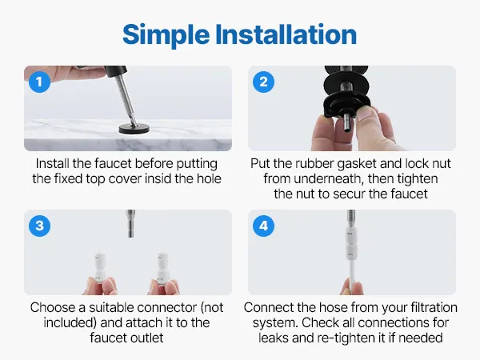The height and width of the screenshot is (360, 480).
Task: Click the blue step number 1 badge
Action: tap(39, 82)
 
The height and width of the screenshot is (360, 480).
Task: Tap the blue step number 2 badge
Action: tap(263, 82)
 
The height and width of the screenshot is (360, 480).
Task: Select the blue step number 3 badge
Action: tap(39, 226)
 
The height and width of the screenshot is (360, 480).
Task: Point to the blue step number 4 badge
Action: tap(263, 226)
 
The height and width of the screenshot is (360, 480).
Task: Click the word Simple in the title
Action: tap(166, 35)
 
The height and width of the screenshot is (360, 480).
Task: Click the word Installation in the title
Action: tap(286, 34)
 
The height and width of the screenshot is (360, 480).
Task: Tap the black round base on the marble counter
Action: tap(134, 129)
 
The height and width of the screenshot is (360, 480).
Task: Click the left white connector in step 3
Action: tap(99, 267)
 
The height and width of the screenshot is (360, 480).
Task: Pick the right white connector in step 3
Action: tap(162, 267)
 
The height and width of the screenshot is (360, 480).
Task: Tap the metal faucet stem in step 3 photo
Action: tap(131, 223)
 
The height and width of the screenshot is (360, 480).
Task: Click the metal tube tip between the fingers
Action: tap(347, 122)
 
